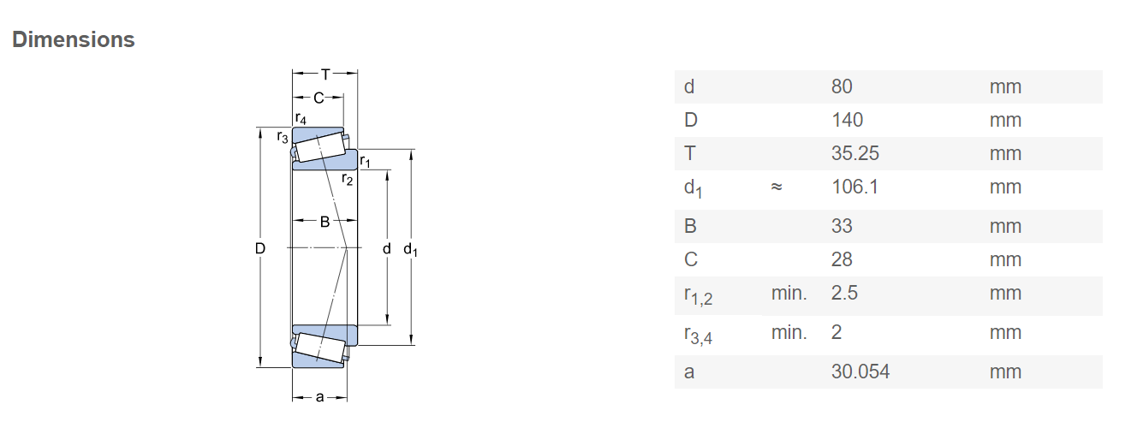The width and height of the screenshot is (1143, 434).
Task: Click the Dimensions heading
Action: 74,39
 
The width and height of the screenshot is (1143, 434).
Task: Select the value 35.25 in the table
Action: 855,153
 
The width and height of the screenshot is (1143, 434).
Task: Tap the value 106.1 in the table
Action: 855,187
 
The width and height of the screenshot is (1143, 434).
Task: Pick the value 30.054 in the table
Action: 860,372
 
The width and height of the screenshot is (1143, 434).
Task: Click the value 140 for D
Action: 847,121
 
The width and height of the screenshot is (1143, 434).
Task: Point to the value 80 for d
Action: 842,86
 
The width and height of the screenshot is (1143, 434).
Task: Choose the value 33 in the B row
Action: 842,226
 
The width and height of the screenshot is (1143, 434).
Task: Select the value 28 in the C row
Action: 842,259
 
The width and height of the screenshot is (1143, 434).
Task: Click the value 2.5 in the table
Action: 844,294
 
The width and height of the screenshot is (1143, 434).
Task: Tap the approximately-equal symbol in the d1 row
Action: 776,187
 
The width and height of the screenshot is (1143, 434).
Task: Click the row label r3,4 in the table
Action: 698,335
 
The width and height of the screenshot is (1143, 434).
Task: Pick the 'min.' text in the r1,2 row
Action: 789,294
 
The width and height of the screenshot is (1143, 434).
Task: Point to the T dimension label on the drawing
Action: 325,74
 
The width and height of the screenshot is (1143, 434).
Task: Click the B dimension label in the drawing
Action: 324,222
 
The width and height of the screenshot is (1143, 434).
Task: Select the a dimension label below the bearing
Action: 319,397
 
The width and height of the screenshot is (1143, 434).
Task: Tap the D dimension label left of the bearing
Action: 260,248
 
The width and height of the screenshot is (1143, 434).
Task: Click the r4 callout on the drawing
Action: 301,118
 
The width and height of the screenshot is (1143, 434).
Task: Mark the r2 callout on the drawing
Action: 347,179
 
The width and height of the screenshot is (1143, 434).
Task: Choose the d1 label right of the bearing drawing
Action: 410,249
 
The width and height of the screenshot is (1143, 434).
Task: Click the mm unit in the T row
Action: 1005,153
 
